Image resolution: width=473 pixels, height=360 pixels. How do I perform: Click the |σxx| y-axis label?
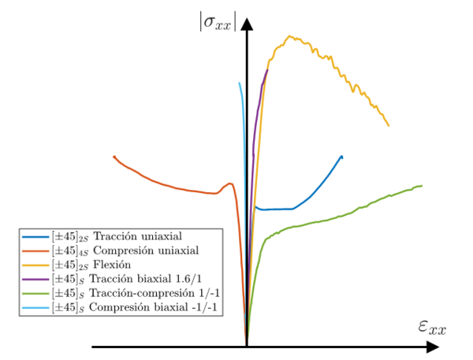click(217, 21)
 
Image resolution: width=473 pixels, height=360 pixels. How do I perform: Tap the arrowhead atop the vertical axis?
click(248, 23)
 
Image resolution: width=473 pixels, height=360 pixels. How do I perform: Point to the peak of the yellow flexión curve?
click(290, 36)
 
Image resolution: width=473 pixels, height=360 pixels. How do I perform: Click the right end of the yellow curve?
click(389, 125)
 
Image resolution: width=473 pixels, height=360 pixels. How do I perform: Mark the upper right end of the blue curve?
click(342, 156)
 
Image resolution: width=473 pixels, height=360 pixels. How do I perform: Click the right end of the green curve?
click(422, 186)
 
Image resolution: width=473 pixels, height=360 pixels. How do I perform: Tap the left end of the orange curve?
click(114, 157)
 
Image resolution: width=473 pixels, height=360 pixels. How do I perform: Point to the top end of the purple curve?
click(268, 70)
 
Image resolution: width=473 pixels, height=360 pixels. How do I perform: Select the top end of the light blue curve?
click(240, 83)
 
